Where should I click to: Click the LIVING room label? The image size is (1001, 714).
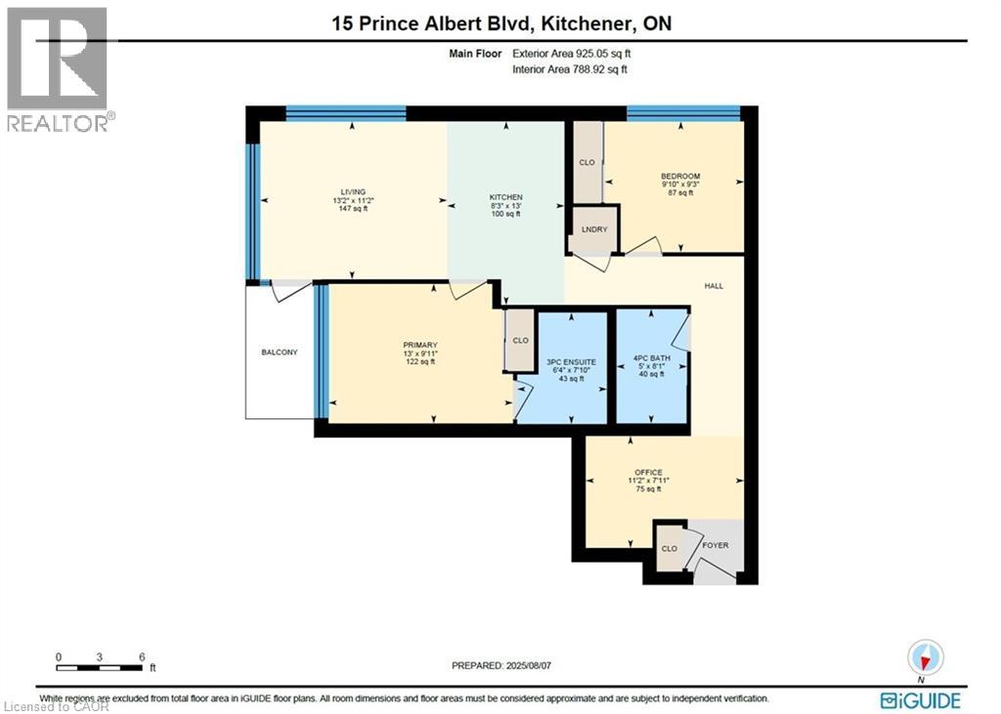[x=352, y=191]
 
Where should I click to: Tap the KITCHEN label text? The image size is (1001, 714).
[x=506, y=196]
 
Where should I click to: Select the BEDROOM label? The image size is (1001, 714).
[x=680, y=177]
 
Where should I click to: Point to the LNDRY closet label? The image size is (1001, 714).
[x=594, y=230]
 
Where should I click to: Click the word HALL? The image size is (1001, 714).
[x=714, y=285]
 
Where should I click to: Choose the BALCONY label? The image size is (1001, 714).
[x=279, y=352]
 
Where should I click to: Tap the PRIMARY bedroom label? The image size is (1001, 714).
[x=419, y=345]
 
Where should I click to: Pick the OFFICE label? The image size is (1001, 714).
[x=648, y=473]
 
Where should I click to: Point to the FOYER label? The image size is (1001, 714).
[x=717, y=547]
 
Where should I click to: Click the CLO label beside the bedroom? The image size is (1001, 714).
[x=587, y=162]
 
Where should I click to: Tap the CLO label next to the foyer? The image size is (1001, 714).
[x=669, y=549]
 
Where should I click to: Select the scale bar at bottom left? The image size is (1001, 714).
[x=101, y=668]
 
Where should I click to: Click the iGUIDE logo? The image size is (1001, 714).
[x=920, y=700]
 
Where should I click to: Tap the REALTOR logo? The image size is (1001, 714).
[x=58, y=68]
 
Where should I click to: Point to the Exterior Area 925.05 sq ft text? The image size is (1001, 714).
[x=578, y=55]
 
